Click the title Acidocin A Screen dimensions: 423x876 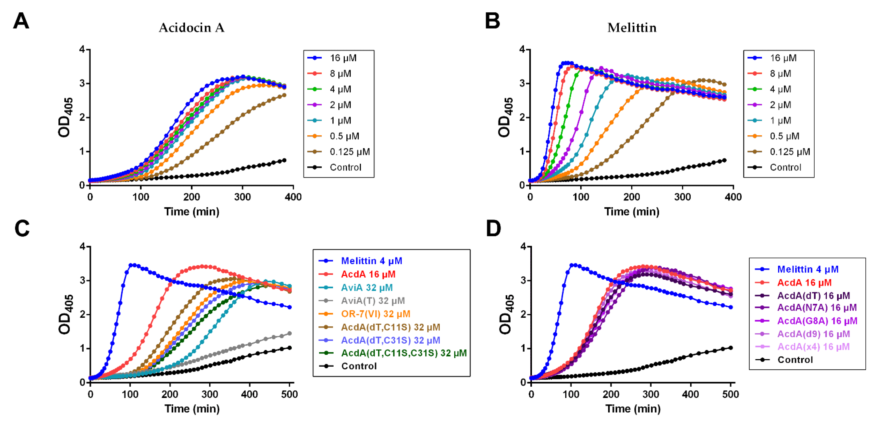[x=191, y=28]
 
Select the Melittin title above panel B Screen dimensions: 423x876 [x=632, y=28]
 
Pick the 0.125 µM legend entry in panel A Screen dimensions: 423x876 [x=349, y=152]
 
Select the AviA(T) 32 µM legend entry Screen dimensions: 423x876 [x=373, y=301]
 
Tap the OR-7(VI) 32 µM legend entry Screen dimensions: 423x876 [x=376, y=314]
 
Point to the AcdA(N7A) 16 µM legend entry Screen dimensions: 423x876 [x=817, y=308]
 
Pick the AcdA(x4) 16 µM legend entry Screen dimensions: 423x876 [x=813, y=347]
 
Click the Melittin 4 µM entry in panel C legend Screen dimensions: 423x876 [x=371, y=261]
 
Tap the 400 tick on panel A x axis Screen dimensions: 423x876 [x=293, y=197]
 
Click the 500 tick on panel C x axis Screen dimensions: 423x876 [x=289, y=394]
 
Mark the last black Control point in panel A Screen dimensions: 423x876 [x=284, y=160]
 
